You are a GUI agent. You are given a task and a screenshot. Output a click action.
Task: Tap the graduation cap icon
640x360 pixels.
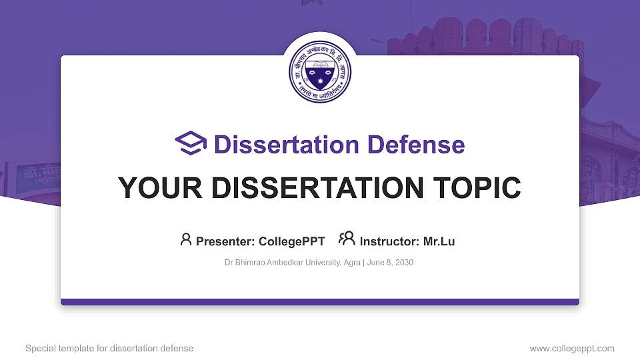(191, 144)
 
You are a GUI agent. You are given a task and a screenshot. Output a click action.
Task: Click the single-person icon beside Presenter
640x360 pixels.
(186, 239)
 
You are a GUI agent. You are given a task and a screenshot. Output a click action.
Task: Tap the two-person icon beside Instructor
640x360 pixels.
(347, 239)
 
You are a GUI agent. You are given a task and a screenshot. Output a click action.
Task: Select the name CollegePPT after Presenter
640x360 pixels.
(292, 241)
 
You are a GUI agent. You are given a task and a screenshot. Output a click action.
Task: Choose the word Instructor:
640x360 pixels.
(390, 241)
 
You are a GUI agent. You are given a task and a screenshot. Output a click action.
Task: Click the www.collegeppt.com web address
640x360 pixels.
(572, 348)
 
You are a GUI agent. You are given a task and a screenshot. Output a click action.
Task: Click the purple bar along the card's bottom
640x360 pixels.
(320, 302)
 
